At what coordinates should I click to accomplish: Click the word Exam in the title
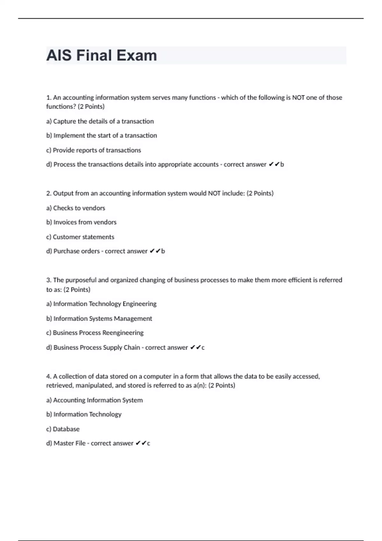137,55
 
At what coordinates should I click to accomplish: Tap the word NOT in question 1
298,98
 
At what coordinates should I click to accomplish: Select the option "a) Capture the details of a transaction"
100,121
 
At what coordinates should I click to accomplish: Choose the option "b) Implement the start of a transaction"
102,136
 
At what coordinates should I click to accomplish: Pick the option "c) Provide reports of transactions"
94,150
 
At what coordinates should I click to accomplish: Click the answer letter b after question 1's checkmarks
282,165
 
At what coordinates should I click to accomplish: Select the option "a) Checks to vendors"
76,208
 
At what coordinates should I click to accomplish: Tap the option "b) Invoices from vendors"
81,222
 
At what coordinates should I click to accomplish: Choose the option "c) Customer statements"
80,237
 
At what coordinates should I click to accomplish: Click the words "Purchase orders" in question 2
76,251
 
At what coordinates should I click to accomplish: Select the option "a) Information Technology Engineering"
102,304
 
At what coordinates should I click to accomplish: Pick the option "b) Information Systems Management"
99,319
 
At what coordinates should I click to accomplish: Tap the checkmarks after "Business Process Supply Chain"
195,348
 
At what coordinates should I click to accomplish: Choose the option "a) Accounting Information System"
95,400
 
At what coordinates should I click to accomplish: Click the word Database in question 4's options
66,429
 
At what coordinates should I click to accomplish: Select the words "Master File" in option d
69,443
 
